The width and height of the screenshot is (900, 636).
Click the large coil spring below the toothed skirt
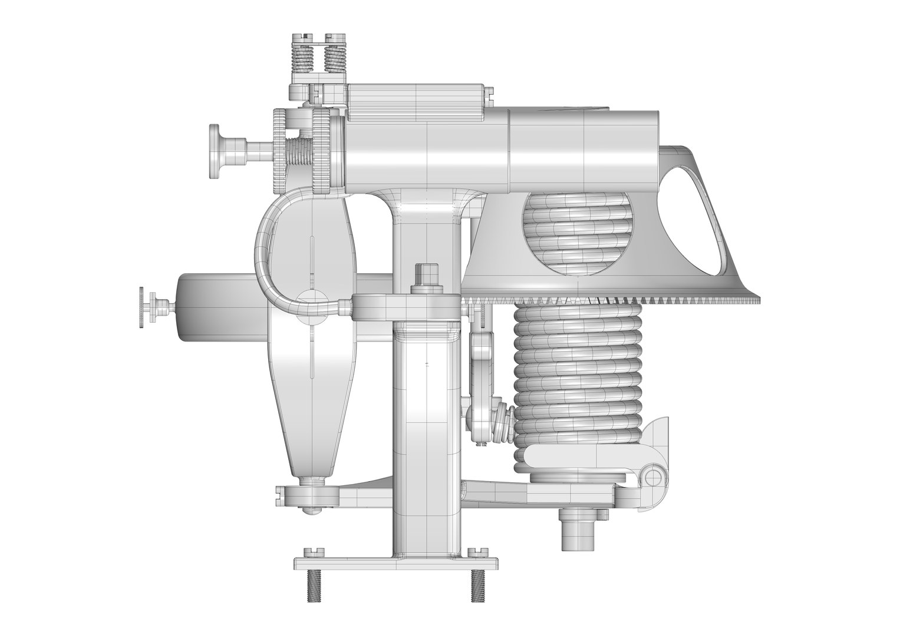(x=578, y=377)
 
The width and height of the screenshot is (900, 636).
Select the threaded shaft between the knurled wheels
(x=299, y=154)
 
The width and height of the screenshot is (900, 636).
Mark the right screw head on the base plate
(x=475, y=552)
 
